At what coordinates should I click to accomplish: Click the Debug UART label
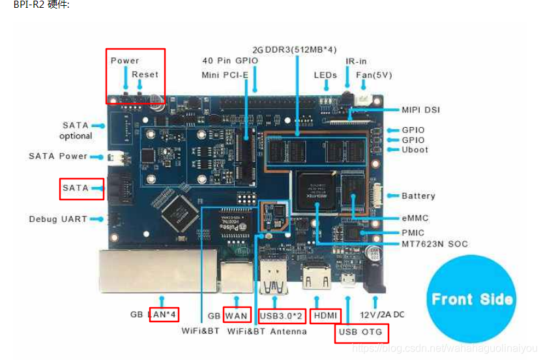(x=57, y=219)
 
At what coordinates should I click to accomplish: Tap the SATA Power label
(x=57, y=157)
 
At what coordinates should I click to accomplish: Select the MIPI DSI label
(x=420, y=110)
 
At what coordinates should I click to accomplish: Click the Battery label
(x=418, y=196)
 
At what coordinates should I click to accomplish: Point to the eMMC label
(x=415, y=218)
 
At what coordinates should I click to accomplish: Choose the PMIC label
(x=413, y=232)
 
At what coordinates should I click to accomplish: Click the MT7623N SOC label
(x=434, y=245)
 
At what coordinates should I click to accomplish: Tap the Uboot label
(x=415, y=150)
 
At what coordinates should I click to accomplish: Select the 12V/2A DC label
(x=382, y=315)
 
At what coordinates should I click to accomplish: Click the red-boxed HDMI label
(x=325, y=316)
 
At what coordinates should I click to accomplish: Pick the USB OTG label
(x=362, y=332)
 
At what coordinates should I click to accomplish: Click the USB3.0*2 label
(x=282, y=316)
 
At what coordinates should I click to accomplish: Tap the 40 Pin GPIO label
(x=229, y=61)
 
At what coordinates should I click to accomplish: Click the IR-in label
(x=356, y=61)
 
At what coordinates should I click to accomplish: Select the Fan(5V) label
(x=374, y=75)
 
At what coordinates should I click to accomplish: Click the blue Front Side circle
(x=471, y=299)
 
